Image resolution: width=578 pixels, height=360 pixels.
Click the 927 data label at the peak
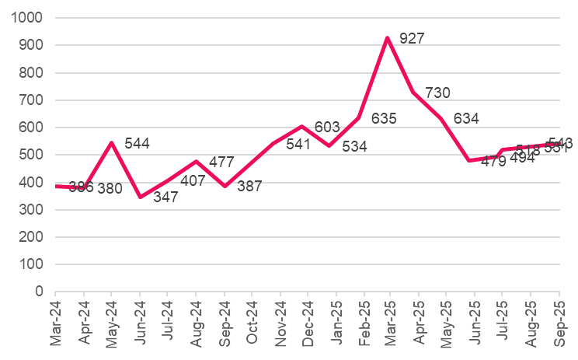click(412, 38)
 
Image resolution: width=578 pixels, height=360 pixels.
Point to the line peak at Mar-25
click(387, 38)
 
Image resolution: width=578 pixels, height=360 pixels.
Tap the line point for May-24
click(112, 143)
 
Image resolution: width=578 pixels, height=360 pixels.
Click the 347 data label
click(165, 197)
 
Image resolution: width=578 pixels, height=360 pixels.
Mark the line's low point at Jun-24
click(140, 197)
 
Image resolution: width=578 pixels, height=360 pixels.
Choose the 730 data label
click(437, 93)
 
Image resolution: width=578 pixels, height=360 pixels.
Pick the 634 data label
click(466, 119)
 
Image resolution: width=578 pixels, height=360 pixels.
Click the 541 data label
click(298, 144)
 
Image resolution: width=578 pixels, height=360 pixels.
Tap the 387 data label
click(249, 187)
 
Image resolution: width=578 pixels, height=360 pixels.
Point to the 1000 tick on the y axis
click(29, 18)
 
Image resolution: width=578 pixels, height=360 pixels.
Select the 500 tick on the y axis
click(33, 155)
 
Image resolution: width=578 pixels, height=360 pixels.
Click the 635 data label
click(384, 119)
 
